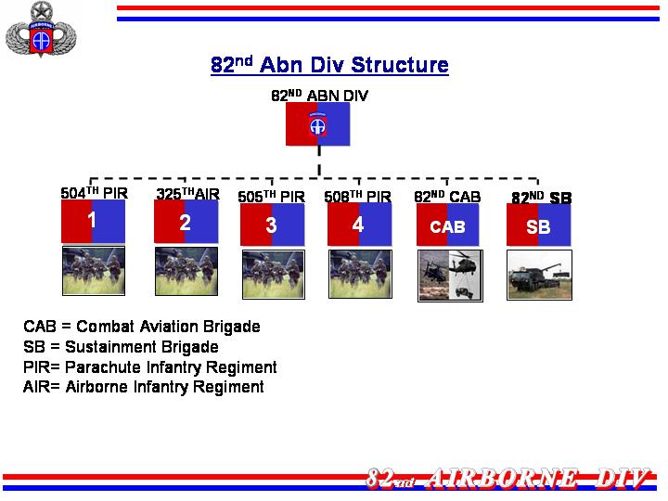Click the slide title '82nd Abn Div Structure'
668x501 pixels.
pyautogui.click(x=329, y=65)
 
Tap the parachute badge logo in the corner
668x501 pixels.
pyautogui.click(x=41, y=31)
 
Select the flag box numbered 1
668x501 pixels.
pyautogui.click(x=94, y=221)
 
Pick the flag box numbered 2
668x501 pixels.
pyautogui.click(x=186, y=222)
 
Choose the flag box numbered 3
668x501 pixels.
pyautogui.click(x=272, y=225)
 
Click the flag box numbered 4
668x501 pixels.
pyautogui.click(x=360, y=225)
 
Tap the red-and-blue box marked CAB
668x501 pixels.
pyautogui.click(x=448, y=225)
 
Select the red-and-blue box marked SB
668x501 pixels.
pyautogui.click(x=538, y=225)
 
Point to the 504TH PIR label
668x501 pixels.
pyautogui.click(x=94, y=193)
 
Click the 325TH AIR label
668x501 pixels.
pyautogui.click(x=187, y=194)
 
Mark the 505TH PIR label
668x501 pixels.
pyautogui.click(x=271, y=197)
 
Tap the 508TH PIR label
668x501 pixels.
pyautogui.click(x=357, y=197)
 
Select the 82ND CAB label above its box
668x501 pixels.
pyautogui.click(x=447, y=197)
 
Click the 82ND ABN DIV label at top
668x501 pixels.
pyautogui.click(x=319, y=96)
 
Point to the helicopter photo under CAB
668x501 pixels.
pyautogui.click(x=450, y=276)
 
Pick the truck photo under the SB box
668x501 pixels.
pyautogui.click(x=539, y=276)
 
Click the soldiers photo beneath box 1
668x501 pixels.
pyautogui.click(x=94, y=271)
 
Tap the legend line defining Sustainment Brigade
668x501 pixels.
pyautogui.click(x=121, y=347)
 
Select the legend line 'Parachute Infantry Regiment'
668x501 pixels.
pyautogui.click(x=150, y=366)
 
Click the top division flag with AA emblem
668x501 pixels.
pyautogui.click(x=318, y=124)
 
